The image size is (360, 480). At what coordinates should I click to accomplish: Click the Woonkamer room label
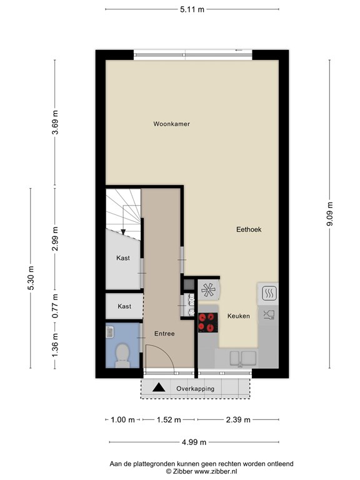tap(171, 124)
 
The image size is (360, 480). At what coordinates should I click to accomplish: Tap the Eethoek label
tap(249, 229)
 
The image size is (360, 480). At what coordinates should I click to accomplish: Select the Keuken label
tap(239, 316)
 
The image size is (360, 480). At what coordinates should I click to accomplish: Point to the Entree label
tap(164, 334)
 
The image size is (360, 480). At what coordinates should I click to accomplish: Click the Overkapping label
tap(195, 389)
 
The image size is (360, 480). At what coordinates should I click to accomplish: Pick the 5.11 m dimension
tap(192, 9)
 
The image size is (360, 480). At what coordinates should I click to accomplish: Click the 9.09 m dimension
tap(330, 214)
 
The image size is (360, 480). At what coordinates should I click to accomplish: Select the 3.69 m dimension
tap(55, 122)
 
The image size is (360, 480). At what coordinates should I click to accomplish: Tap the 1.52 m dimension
tap(169, 420)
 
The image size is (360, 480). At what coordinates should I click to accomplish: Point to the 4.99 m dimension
tap(194, 442)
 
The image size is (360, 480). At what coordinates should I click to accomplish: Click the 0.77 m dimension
tap(55, 306)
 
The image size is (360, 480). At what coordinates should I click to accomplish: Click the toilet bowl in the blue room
tap(122, 355)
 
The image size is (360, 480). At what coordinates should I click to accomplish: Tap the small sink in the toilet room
tap(110, 332)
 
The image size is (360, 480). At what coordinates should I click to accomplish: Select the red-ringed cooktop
tap(208, 322)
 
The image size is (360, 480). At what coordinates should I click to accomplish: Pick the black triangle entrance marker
tap(159, 388)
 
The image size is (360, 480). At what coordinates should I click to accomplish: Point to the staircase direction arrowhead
tap(123, 232)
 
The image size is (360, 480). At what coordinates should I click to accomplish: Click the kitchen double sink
tap(243, 358)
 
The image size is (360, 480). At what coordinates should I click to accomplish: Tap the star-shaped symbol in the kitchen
tap(208, 289)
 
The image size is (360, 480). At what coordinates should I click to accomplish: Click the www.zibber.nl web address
tap(216, 472)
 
